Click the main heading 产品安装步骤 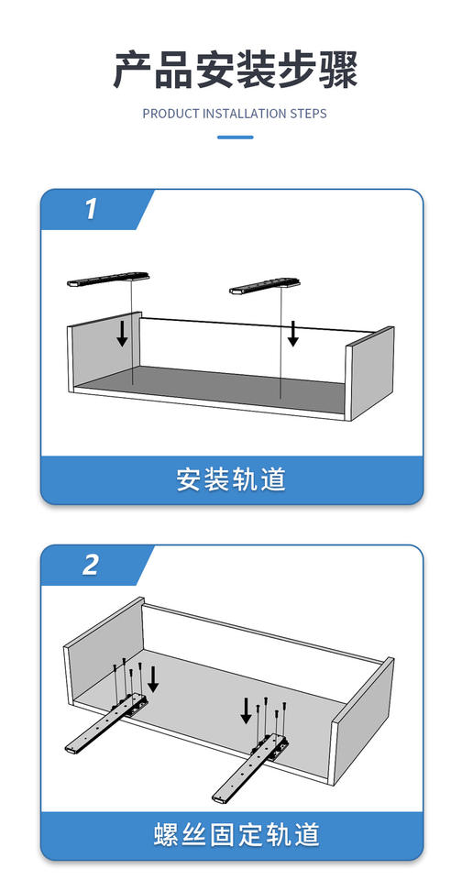point(236,71)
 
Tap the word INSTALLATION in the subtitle point(244,114)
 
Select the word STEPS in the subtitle point(308,114)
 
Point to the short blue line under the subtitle point(236,137)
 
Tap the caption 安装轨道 point(231,479)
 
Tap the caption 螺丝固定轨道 point(236,834)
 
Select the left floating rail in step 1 point(108,279)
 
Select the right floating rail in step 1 point(265,286)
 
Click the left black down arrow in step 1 point(122,335)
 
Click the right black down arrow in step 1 point(292,334)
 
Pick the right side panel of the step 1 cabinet point(369,373)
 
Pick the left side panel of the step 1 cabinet point(104,351)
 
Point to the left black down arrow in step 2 point(153,679)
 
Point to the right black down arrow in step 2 point(246,709)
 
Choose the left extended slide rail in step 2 point(105,724)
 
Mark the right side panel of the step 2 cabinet point(362,720)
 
